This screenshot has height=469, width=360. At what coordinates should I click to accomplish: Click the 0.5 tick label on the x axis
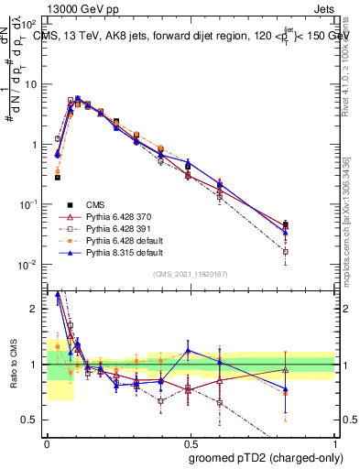click(x=191, y=442)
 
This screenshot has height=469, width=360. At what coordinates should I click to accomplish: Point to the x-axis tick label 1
click(x=335, y=442)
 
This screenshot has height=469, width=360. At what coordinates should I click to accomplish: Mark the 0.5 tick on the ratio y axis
click(x=35, y=420)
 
